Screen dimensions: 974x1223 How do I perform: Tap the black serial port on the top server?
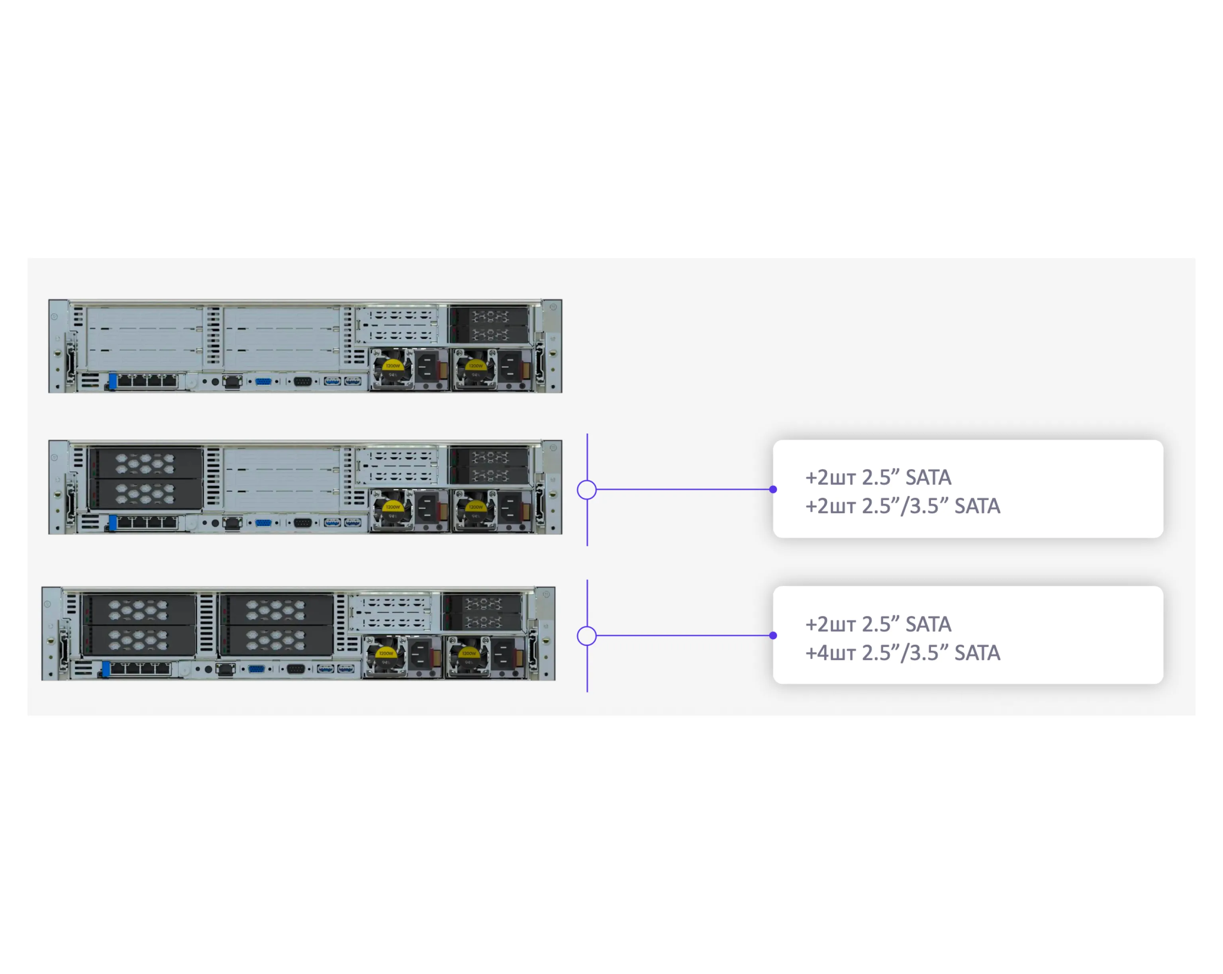click(x=302, y=381)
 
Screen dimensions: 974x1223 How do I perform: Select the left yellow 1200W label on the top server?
click(x=392, y=366)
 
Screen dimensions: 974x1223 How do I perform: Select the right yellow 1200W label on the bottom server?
click(x=468, y=653)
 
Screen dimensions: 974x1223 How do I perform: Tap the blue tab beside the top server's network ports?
click(x=113, y=381)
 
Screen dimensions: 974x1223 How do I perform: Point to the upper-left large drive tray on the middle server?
click(x=145, y=463)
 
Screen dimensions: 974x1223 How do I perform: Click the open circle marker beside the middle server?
click(x=586, y=489)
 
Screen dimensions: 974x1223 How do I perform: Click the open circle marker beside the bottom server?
click(x=586, y=636)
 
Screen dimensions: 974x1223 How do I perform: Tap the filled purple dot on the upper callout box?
click(x=772, y=489)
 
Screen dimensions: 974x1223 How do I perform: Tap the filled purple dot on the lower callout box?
click(x=772, y=636)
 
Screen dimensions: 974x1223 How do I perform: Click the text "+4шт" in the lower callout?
click(x=830, y=653)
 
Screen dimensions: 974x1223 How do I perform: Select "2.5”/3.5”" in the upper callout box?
click(x=905, y=506)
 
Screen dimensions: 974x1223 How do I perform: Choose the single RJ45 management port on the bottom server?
click(x=225, y=669)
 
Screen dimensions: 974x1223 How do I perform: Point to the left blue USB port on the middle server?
click(x=332, y=523)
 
